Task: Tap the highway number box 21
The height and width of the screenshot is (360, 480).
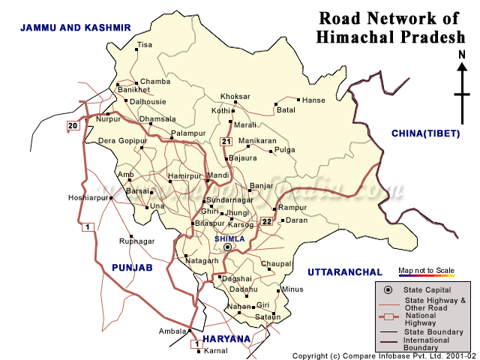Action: (226, 142)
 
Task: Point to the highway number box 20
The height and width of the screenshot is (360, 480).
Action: (73, 125)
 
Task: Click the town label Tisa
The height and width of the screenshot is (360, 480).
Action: (145, 45)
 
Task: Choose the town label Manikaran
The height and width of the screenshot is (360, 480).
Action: (257, 140)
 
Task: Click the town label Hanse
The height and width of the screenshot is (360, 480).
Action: (312, 100)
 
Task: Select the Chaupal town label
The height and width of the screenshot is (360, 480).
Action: (276, 263)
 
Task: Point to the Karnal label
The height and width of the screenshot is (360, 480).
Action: (216, 350)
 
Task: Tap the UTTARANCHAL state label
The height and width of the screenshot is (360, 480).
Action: (345, 271)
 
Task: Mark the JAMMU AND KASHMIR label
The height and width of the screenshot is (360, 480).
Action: (76, 27)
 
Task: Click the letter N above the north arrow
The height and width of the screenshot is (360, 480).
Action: (462, 55)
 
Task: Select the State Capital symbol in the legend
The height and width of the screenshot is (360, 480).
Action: (388, 290)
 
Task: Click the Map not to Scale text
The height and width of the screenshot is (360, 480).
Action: (425, 270)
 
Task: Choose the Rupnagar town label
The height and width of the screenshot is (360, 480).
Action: (137, 241)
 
